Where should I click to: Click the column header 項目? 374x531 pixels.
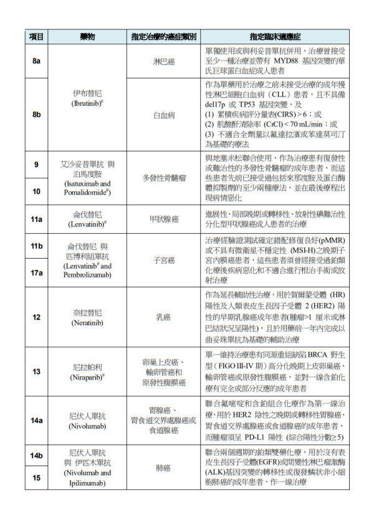pos(36,37)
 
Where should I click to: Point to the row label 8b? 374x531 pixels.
pos(36,115)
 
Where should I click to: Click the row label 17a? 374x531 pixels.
pos(36,272)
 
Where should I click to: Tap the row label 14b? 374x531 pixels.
pos(36,456)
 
